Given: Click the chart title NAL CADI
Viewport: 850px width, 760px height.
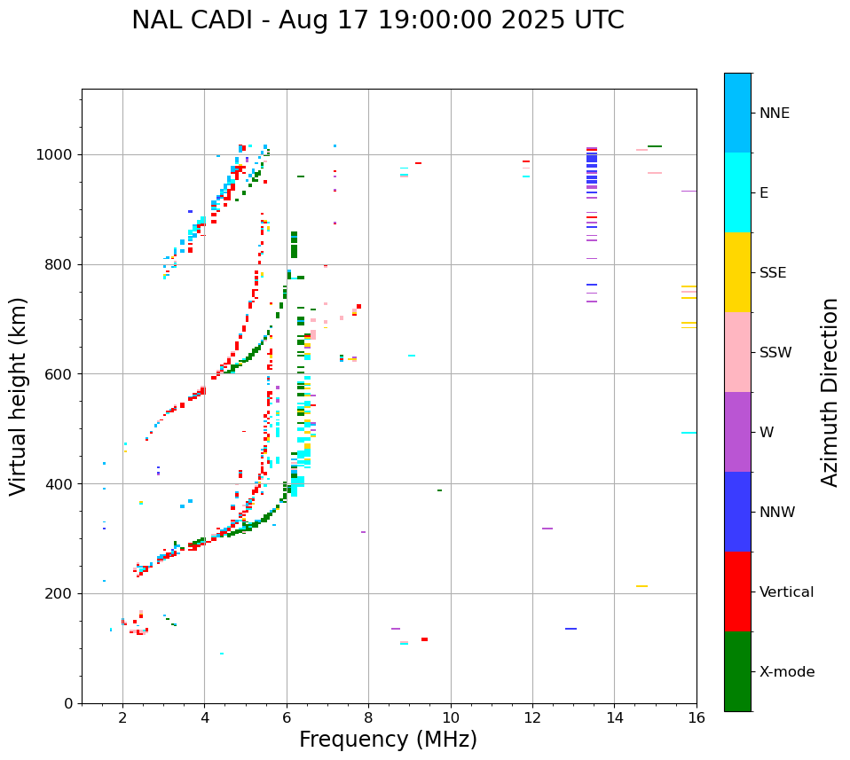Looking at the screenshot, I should pyautogui.click(x=377, y=20).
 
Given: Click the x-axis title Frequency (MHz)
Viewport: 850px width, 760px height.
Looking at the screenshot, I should pyautogui.click(x=388, y=740).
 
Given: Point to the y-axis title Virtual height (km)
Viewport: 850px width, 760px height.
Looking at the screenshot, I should pyautogui.click(x=19, y=396).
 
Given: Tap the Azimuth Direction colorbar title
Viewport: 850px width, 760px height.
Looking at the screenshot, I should pyautogui.click(x=830, y=392).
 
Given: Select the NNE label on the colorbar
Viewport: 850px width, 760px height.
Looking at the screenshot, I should pyautogui.click(x=775, y=114).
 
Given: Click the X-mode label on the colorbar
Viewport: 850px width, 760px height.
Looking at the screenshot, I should pyautogui.click(x=787, y=672).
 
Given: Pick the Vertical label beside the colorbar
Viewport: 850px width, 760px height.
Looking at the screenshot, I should pyautogui.click(x=787, y=592).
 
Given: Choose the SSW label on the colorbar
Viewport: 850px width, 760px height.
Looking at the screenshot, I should pyautogui.click(x=775, y=353).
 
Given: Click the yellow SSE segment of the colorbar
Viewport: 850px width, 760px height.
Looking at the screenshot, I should pyautogui.click(x=737, y=272).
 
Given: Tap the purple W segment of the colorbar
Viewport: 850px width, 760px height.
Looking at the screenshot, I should pyautogui.click(x=737, y=432).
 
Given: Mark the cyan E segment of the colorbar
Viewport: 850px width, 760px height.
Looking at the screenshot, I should pyautogui.click(x=737, y=192).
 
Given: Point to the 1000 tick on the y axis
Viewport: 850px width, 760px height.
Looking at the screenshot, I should pyautogui.click(x=59, y=155).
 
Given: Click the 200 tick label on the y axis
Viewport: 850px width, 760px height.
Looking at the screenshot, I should pyautogui.click(x=62, y=594).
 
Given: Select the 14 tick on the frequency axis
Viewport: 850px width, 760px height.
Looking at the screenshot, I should pyautogui.click(x=615, y=717).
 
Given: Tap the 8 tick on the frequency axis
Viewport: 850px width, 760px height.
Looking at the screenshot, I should pyautogui.click(x=369, y=717).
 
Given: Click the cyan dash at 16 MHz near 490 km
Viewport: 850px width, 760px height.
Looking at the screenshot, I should pyautogui.click(x=689, y=433).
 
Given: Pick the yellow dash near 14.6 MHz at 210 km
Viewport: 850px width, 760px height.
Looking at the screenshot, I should pyautogui.click(x=641, y=586).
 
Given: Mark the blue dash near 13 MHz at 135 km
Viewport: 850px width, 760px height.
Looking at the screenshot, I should pyautogui.click(x=571, y=629).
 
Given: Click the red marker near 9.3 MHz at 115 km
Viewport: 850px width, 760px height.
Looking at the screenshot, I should pyautogui.click(x=424, y=639).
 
